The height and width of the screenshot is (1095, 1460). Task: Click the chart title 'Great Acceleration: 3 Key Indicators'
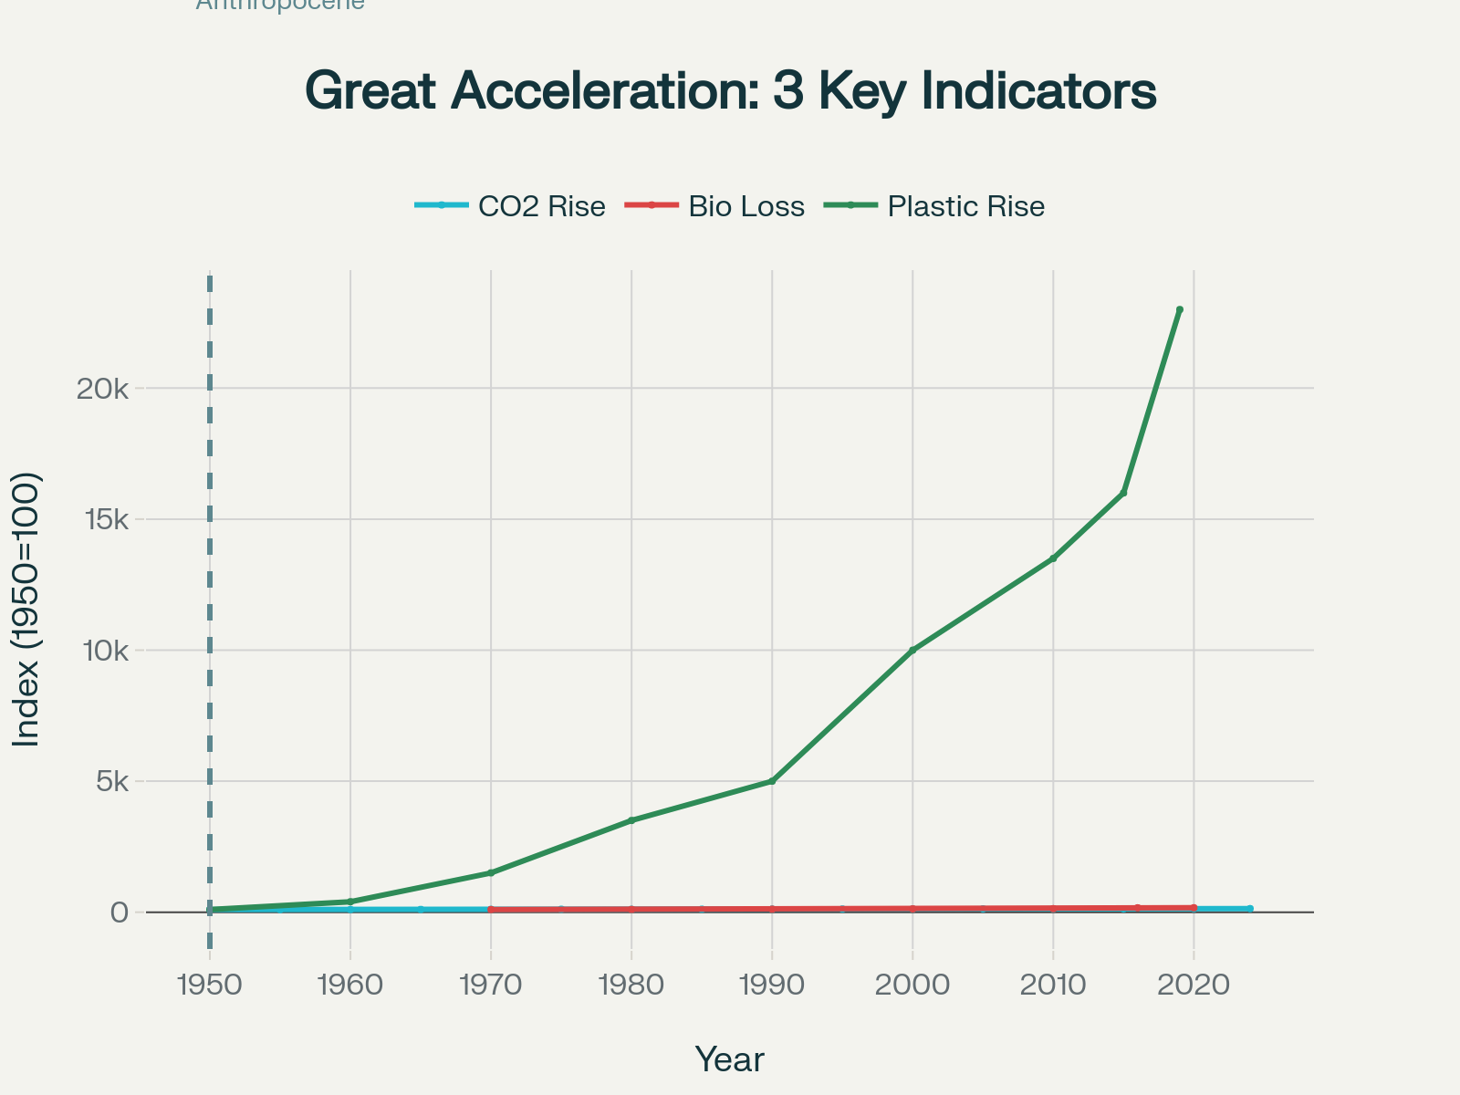[x=730, y=91]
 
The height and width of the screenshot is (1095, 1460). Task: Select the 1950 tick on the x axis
[x=210, y=985]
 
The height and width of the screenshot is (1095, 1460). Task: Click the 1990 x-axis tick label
[x=772, y=985]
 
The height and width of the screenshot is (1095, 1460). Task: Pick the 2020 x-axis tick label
[x=1194, y=985]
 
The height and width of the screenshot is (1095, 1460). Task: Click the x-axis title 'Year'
[x=730, y=1059]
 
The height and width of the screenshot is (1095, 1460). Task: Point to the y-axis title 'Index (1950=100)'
[x=27, y=610]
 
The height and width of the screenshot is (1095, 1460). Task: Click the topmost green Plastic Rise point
[x=1180, y=310]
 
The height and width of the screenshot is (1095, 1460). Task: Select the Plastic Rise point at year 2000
[x=912, y=651]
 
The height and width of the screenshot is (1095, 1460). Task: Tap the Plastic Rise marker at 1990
[x=772, y=781]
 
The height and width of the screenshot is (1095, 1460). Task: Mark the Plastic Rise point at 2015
[x=1123, y=493]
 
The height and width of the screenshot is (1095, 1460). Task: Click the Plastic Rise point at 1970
[x=491, y=873]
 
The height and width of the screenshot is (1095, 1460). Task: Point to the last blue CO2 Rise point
[x=1249, y=909]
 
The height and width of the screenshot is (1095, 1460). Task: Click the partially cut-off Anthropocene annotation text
[x=280, y=5]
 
